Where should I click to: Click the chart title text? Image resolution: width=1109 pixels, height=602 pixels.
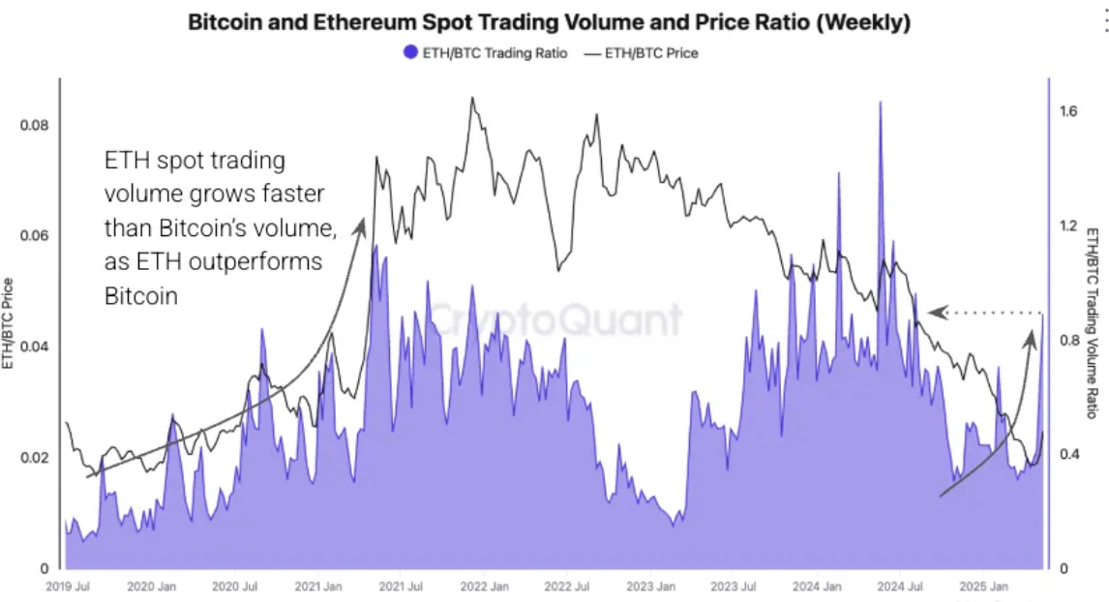[549, 23]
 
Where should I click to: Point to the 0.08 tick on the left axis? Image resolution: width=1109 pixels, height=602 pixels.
[36, 126]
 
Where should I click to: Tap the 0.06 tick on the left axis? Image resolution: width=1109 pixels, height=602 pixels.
[36, 236]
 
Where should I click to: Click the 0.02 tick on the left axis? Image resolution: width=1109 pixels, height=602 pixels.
[36, 457]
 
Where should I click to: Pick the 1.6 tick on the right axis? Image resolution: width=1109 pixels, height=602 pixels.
[1068, 112]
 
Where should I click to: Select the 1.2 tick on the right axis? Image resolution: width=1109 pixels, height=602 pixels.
[1068, 226]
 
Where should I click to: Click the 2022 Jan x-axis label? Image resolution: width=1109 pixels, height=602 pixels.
[486, 587]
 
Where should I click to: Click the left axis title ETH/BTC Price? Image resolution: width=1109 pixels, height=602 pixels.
[9, 323]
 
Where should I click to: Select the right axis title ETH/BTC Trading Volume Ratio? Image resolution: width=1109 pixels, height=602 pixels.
[1092, 323]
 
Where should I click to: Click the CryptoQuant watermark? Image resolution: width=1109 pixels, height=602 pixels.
[554, 319]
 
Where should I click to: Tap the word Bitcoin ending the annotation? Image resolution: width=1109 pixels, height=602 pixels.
[141, 296]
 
